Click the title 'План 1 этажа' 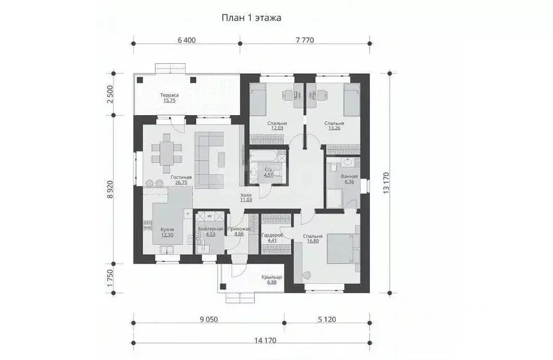[x=251, y=18]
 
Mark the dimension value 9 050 [x=208, y=319]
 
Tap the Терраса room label [x=169, y=96]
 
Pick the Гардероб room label [x=272, y=236]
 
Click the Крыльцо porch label [x=271, y=277]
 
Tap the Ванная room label [x=349, y=177]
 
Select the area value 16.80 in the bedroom [x=312, y=242]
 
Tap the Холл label [x=246, y=195]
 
